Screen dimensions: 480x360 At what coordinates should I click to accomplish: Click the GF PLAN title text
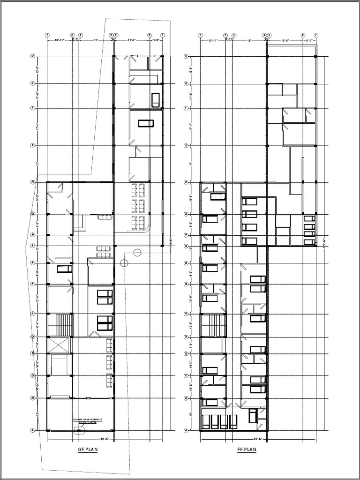pos(88,450)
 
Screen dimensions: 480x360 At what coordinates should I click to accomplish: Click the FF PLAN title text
pos(247,450)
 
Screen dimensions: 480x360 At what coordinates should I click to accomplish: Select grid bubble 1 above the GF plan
pos(47,35)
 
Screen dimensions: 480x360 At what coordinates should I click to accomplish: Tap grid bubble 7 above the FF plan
pos(316,35)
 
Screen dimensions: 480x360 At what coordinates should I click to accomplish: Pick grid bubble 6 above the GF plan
pos(150,35)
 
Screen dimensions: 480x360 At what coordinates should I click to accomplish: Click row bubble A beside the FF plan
pos(186,430)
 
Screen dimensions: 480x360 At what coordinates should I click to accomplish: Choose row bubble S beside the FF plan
pos(186,145)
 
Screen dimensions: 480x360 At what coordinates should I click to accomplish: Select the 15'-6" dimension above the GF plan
pos(132,40)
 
